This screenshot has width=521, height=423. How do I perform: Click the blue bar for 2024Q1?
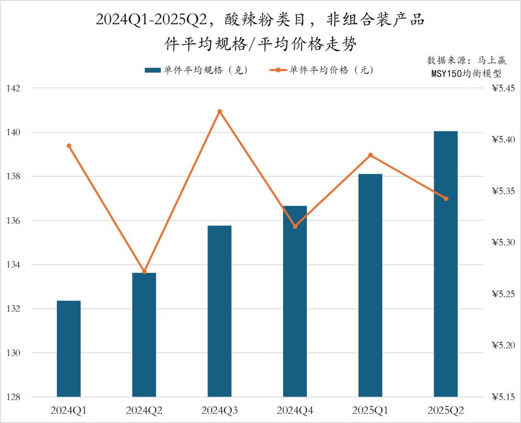coord(69,349)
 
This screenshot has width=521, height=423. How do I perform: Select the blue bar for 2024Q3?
coord(219,311)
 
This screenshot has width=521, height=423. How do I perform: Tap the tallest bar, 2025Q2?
coord(446,264)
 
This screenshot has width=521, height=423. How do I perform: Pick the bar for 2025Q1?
coord(370,285)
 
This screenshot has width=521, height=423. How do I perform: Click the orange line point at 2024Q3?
coord(219,112)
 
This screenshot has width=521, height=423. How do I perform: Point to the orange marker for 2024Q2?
coord(144,271)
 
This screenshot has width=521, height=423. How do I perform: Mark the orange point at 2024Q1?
coord(69,146)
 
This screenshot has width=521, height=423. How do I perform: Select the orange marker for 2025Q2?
coord(446,198)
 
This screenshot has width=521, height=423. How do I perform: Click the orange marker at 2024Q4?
coord(295,226)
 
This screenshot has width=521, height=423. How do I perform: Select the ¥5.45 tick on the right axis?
coord(503,88)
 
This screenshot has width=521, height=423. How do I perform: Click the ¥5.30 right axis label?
coord(503,242)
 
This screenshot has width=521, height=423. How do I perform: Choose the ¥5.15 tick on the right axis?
coord(503,397)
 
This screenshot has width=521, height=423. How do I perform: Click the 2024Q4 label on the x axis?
coord(295,411)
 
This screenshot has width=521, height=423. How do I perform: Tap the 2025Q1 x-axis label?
coord(370,411)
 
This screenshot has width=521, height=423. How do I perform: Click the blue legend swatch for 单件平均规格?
coord(152,70)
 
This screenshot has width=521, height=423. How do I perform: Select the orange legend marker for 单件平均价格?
coord(278,70)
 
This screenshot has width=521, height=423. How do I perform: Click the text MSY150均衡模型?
coord(466,74)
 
